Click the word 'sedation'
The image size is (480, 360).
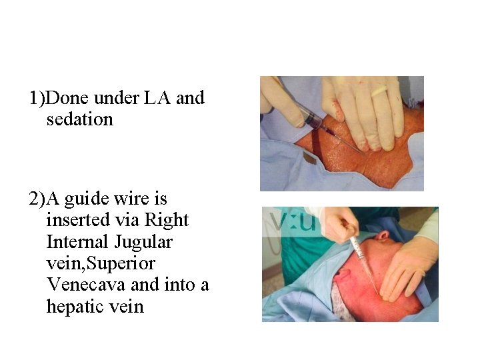[x=80, y=120]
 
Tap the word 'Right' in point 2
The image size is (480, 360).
[x=167, y=219]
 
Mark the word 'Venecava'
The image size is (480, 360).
[x=85, y=285]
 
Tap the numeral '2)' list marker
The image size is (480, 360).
[x=36, y=199]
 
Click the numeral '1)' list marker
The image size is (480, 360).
[x=36, y=99]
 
